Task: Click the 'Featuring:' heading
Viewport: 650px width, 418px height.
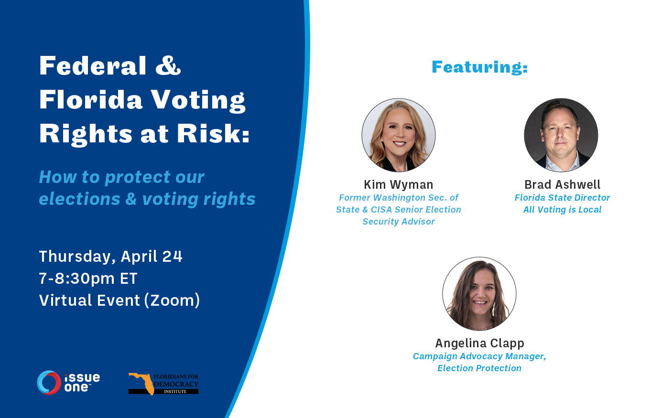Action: [479, 67]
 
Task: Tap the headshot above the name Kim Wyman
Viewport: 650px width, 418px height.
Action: [399, 135]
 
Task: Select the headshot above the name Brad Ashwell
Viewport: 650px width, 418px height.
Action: [561, 135]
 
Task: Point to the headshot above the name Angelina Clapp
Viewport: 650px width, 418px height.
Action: [479, 294]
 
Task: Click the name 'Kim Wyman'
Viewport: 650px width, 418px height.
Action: [399, 185]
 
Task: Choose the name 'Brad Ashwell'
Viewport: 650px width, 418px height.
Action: [563, 185]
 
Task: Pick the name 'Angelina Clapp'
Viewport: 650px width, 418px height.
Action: [480, 343]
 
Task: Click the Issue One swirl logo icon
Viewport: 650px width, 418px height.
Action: [49, 382]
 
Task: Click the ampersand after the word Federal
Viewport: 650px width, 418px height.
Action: [168, 66]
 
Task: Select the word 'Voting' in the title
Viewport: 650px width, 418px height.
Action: [198, 100]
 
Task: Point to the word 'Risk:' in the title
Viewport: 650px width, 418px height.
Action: [213, 134]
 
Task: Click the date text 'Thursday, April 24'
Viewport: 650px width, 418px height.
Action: [110, 257]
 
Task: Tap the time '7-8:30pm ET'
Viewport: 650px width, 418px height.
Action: [88, 279]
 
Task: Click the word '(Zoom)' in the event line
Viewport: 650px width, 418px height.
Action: [172, 300]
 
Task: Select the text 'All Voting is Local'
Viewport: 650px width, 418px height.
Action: [563, 210]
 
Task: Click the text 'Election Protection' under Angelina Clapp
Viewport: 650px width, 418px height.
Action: [479, 368]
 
